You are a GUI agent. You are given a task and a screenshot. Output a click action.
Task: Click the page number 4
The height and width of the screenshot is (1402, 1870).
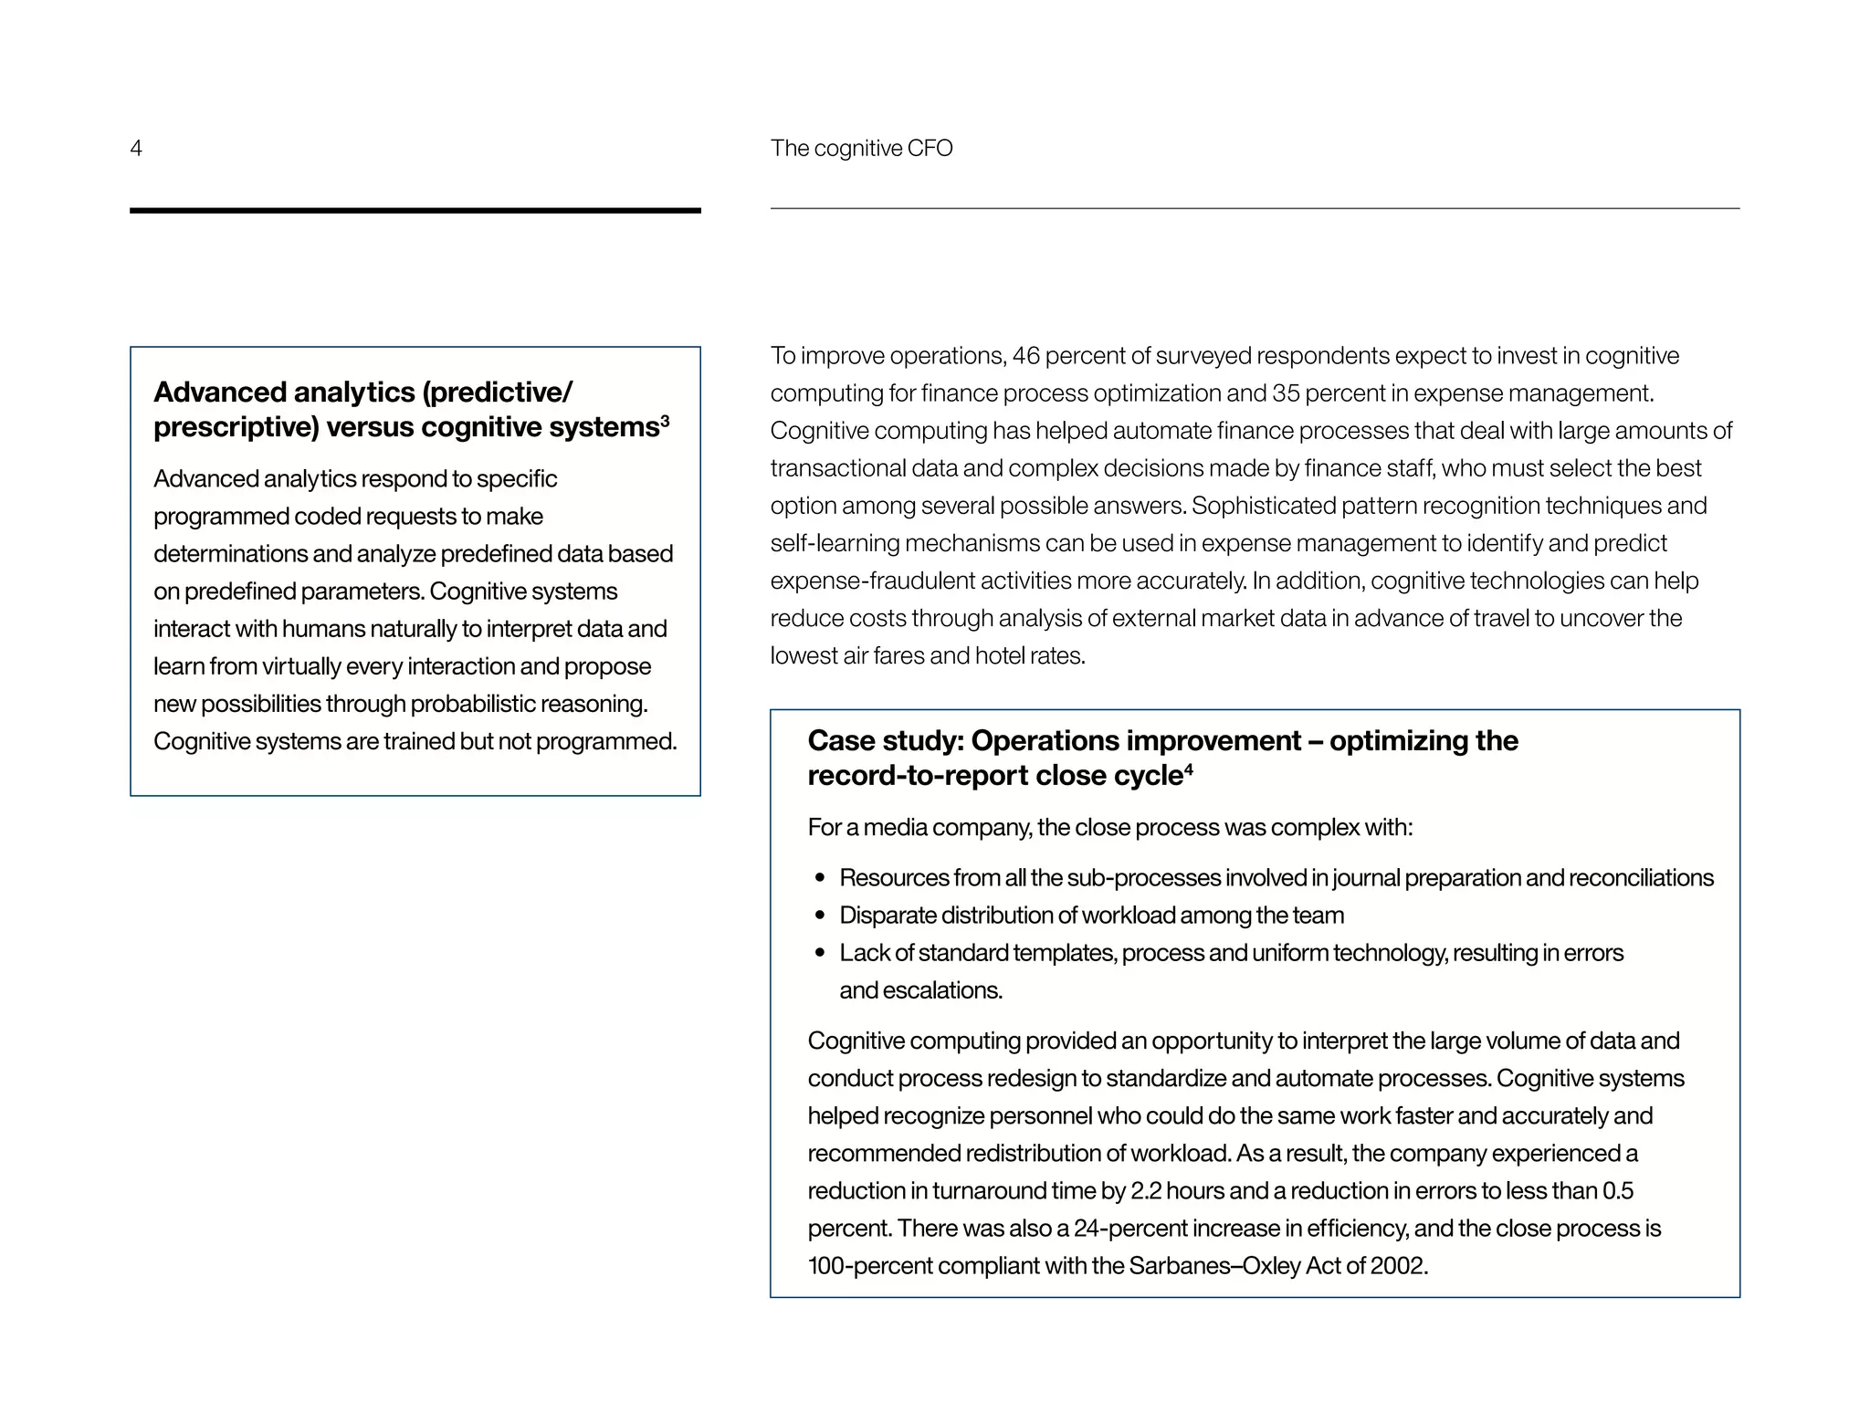click(136, 149)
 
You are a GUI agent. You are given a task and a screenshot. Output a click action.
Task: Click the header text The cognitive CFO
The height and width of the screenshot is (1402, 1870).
click(861, 149)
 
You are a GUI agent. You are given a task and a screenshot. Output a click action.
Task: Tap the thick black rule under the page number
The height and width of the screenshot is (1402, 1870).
click(415, 211)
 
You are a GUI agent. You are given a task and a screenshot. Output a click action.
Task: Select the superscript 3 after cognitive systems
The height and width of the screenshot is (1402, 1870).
click(665, 421)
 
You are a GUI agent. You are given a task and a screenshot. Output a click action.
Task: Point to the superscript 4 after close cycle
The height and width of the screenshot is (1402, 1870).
click(1188, 769)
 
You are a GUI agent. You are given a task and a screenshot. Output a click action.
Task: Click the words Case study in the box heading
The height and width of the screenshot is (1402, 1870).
click(884, 741)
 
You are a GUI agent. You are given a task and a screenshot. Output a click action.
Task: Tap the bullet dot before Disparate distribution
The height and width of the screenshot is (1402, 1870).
click(820, 915)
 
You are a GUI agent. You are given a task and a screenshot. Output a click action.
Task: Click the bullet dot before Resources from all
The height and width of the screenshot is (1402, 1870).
click(820, 878)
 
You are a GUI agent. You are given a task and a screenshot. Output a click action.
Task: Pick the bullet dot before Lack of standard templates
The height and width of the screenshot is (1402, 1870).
click(820, 953)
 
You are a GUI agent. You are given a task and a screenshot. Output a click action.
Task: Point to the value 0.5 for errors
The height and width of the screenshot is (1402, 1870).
click(1617, 1191)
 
